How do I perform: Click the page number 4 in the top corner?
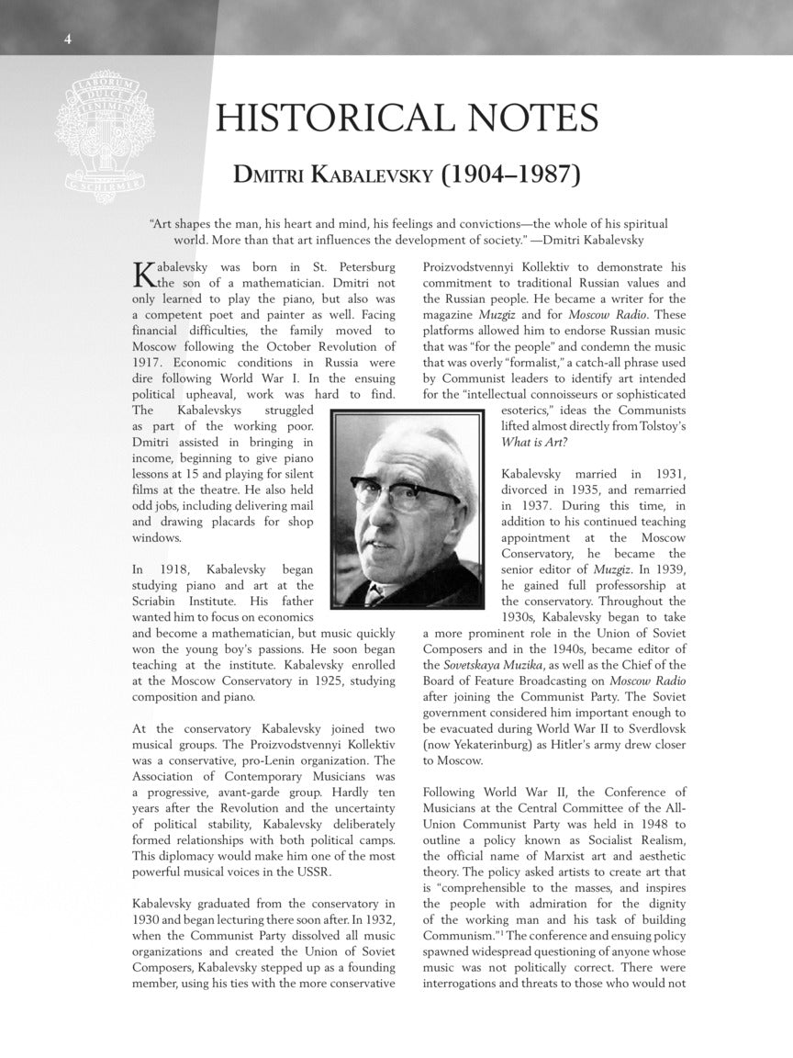pyautogui.click(x=67, y=38)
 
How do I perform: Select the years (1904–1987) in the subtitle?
pyautogui.click(x=510, y=174)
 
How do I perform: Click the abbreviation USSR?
pyautogui.click(x=308, y=872)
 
